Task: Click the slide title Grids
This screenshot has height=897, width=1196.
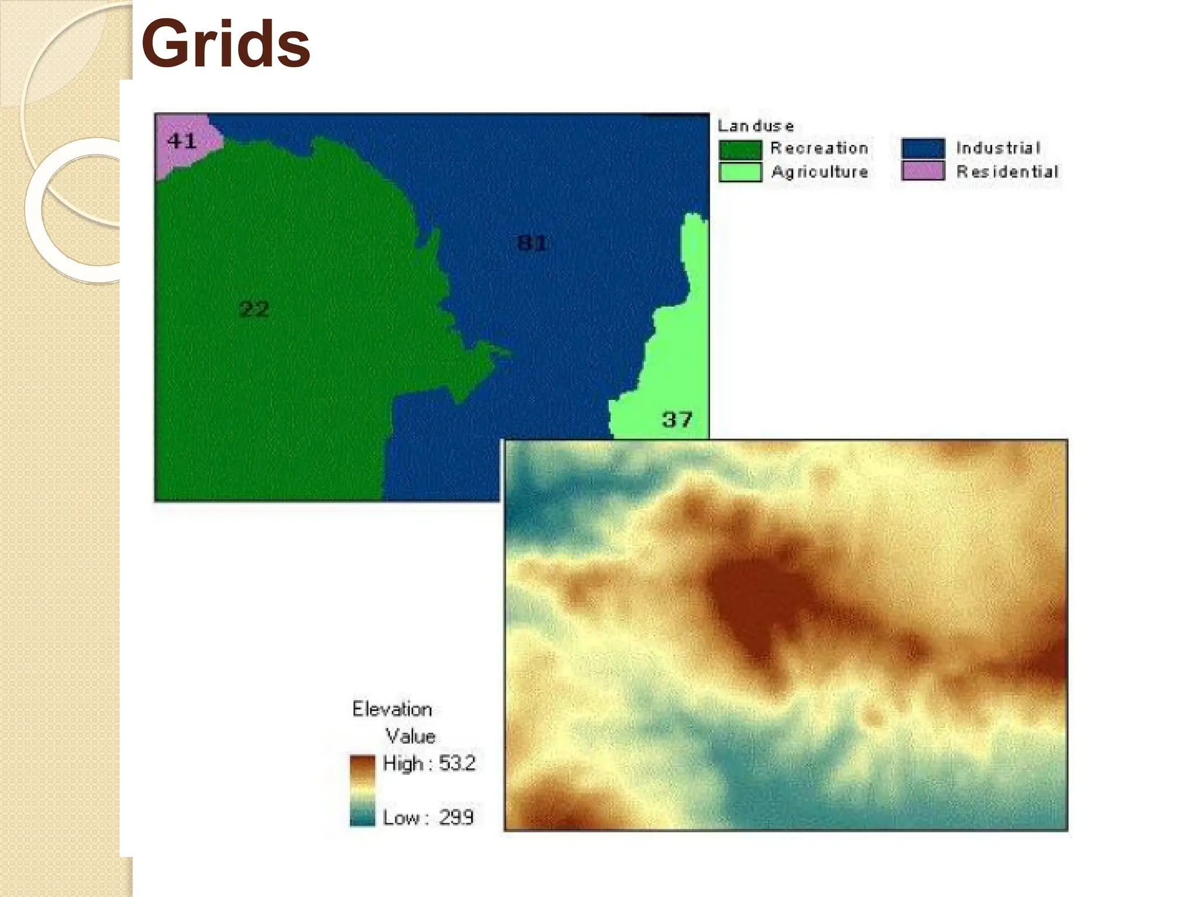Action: point(225,44)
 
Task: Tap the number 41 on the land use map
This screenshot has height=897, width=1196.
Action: point(182,141)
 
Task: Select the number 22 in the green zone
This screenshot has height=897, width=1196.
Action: point(254,308)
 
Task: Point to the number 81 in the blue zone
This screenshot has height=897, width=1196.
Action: point(531,242)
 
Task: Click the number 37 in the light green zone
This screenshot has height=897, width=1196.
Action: point(677,419)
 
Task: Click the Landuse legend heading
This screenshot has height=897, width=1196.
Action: point(755,126)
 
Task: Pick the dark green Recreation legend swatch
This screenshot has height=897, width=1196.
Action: point(740,149)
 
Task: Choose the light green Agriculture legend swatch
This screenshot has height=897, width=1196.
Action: point(740,172)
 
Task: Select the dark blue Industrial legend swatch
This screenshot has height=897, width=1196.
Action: point(923,148)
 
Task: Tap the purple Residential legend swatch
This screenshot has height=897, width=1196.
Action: point(923,171)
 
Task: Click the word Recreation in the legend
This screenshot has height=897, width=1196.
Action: point(819,148)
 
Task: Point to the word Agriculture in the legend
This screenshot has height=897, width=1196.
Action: point(819,172)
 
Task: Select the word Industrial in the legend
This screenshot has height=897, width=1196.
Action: point(998,148)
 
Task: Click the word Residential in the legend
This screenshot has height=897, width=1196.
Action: point(1007,172)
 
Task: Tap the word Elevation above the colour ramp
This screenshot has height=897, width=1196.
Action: point(392,709)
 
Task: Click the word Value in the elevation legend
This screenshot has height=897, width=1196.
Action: point(410,736)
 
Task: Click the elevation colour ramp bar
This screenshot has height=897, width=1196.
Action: point(362,790)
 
